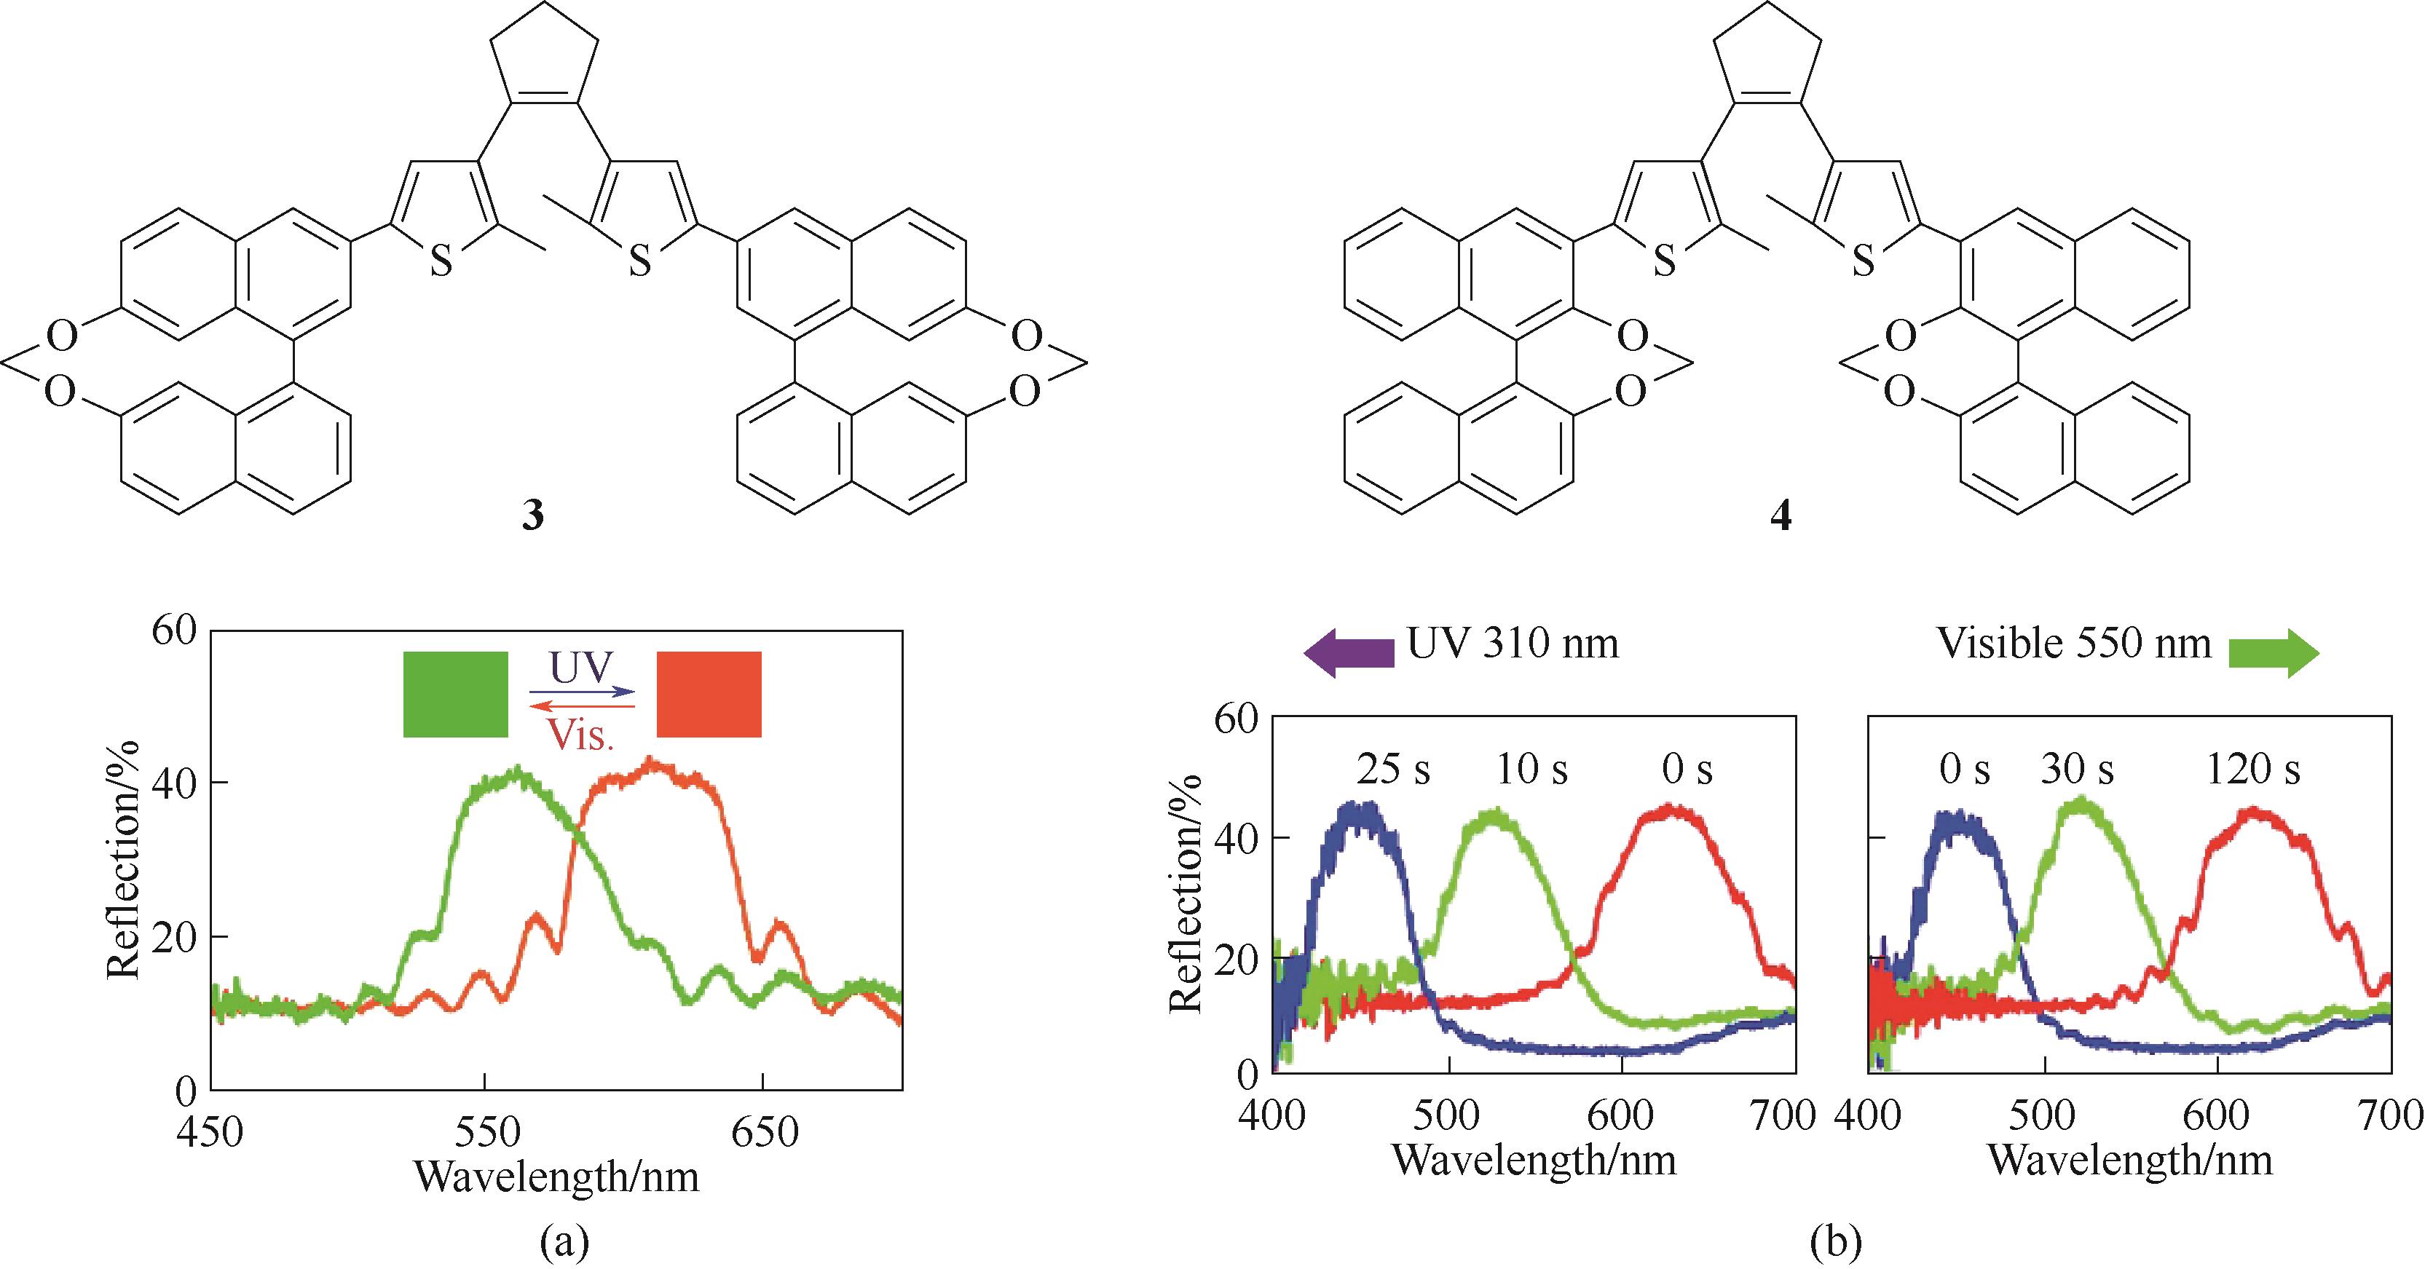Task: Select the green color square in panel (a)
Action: (x=456, y=694)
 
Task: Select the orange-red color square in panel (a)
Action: (x=709, y=694)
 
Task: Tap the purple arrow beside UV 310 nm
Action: (x=1348, y=652)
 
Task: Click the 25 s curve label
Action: (x=1393, y=770)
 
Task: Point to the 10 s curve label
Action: (x=1531, y=770)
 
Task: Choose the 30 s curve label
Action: (x=2077, y=770)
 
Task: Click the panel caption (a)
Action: (x=565, y=1243)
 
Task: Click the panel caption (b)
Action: (x=1837, y=1243)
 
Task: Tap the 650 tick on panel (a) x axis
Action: (x=765, y=1131)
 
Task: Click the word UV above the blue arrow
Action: (x=581, y=668)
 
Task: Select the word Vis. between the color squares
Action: (x=581, y=735)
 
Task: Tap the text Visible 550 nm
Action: (x=2074, y=644)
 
